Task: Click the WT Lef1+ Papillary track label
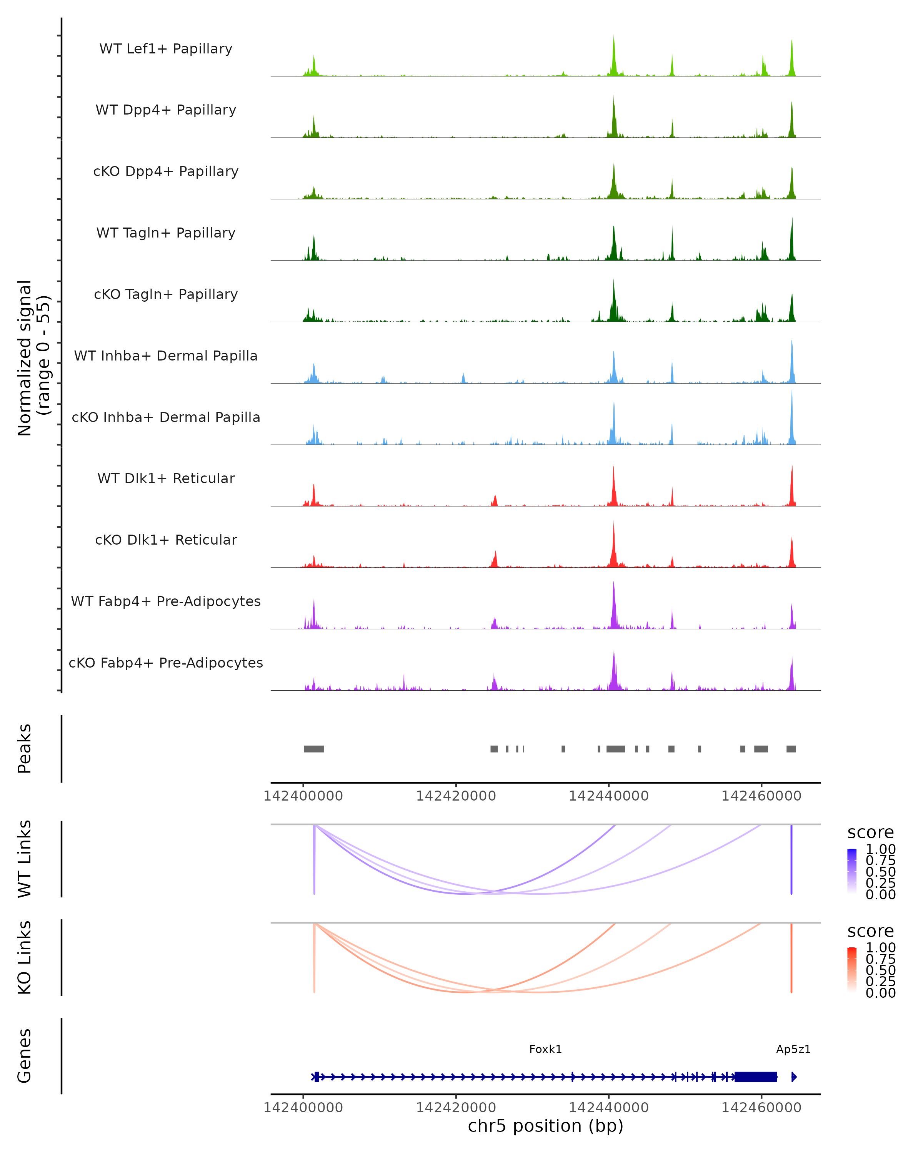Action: tap(166, 49)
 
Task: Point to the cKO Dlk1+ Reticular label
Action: tap(166, 540)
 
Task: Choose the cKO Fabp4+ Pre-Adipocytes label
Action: tap(166, 663)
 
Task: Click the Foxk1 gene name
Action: tap(545, 1049)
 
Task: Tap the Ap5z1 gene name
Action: tap(793, 1049)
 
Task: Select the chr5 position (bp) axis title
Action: tap(545, 1126)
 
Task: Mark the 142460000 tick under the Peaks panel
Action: tap(761, 796)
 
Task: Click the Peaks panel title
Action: tap(25, 749)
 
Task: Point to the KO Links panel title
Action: tap(25, 957)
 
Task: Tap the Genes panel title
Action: tap(25, 1056)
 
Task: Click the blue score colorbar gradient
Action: tap(852, 871)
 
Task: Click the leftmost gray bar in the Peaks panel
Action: tap(313, 749)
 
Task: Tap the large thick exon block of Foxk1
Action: tap(756, 1077)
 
